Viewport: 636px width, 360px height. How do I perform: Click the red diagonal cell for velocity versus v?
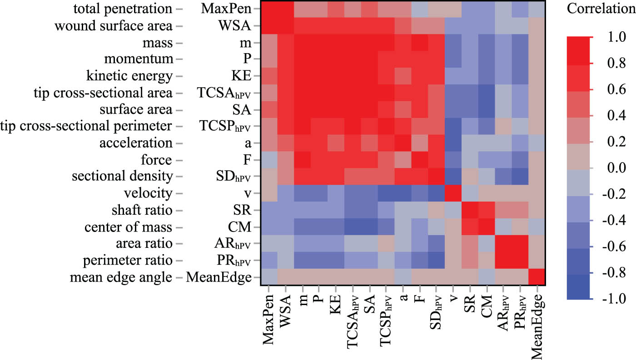coord(453,193)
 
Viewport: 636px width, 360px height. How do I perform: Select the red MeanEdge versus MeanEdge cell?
coord(537,277)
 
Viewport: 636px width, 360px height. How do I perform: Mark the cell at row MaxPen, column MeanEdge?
coord(537,9)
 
